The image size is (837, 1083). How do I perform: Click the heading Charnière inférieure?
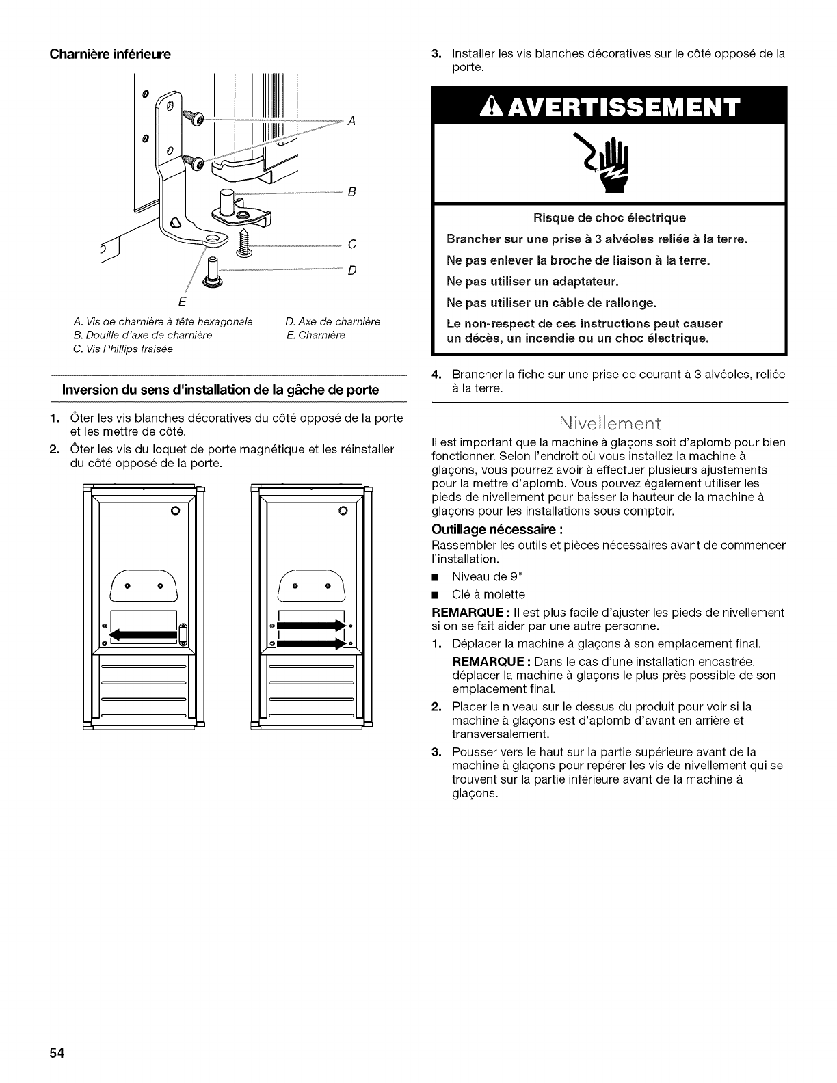pyautogui.click(x=109, y=53)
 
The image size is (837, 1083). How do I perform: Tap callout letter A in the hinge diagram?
pyautogui.click(x=351, y=121)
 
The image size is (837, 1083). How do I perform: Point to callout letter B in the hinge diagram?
pyautogui.click(x=351, y=192)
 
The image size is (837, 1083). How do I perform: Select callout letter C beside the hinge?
pyautogui.click(x=351, y=244)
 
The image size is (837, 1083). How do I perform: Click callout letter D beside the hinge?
pyautogui.click(x=351, y=270)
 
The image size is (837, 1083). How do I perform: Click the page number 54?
pyautogui.click(x=56, y=1054)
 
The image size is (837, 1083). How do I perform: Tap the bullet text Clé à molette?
pyautogui.click(x=488, y=594)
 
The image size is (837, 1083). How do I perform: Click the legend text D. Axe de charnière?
pyautogui.click(x=332, y=321)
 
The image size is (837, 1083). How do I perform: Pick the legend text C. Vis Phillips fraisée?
pyautogui.click(x=123, y=349)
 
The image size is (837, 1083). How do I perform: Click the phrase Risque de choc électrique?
pyautogui.click(x=609, y=218)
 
